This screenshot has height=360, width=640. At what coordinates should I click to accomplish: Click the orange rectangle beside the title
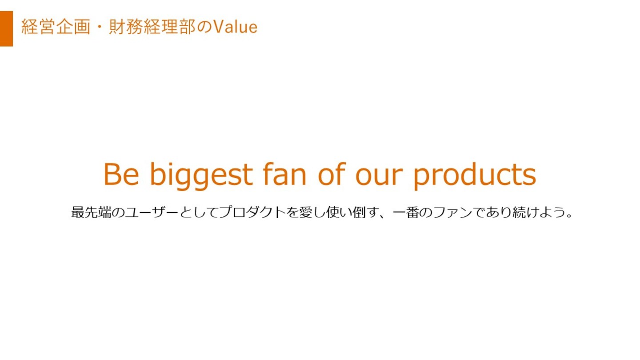tap(6, 28)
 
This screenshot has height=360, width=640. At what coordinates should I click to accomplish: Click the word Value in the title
tap(236, 27)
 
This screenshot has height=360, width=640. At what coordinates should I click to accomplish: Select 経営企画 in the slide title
tap(56, 27)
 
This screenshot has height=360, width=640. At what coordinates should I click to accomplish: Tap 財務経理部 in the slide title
tap(152, 27)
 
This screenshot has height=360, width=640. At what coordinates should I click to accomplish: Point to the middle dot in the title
tap(100, 27)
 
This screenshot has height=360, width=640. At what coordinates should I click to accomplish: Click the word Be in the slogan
tap(121, 174)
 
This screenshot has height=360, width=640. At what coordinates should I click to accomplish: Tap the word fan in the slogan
tap(284, 174)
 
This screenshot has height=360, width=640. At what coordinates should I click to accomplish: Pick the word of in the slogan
tap(332, 174)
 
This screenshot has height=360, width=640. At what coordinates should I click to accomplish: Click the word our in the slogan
tap(379, 177)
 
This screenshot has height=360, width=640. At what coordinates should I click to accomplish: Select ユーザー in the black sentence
tap(152, 212)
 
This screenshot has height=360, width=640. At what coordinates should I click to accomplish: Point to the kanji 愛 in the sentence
tap(305, 212)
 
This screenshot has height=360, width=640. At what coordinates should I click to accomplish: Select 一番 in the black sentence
tap(406, 212)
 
